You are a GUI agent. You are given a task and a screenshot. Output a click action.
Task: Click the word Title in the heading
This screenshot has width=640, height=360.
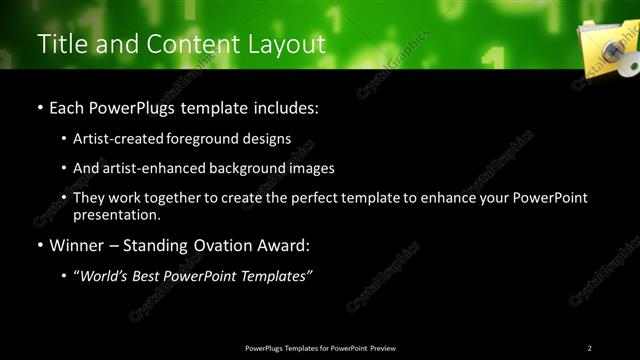[x=59, y=45]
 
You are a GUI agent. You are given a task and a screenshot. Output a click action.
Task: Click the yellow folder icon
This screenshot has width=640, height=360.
[x=604, y=46]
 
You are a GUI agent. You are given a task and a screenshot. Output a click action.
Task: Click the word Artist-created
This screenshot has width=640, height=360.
[x=115, y=138]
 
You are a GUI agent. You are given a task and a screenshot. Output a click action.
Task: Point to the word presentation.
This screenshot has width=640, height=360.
[x=116, y=214]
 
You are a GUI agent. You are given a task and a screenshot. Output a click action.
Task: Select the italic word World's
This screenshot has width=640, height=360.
[x=107, y=276]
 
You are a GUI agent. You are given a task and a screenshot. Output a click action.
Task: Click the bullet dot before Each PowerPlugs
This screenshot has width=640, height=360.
[x=39, y=106]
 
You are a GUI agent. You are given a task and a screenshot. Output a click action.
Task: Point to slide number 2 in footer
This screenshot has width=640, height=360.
[x=589, y=347]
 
